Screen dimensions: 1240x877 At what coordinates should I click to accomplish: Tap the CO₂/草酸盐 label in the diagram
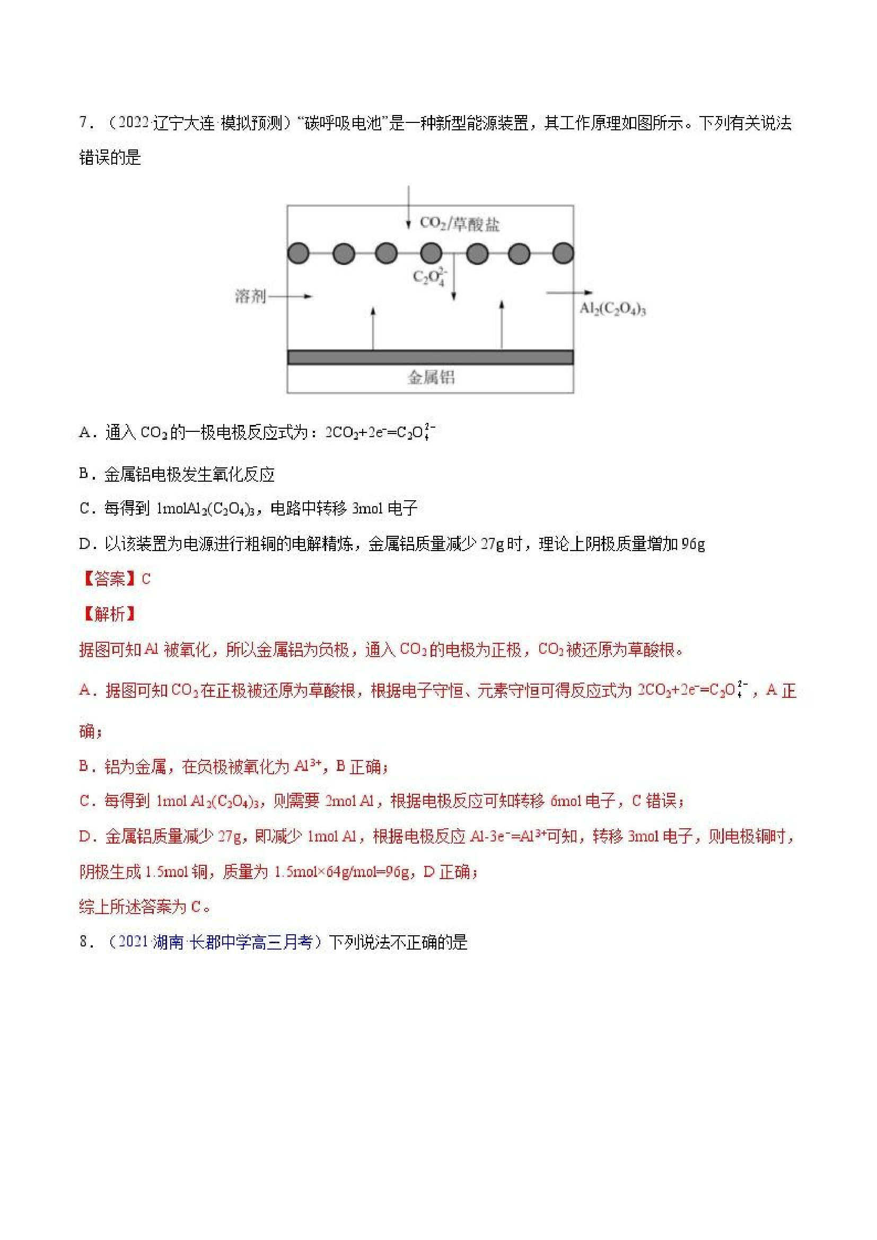click(459, 223)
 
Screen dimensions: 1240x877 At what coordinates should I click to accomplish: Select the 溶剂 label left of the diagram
click(250, 296)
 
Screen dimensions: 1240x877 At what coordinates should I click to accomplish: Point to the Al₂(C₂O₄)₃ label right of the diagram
click(612, 309)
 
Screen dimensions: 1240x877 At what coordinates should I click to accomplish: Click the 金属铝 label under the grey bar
click(431, 377)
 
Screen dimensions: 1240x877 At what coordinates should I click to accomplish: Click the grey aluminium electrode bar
click(430, 357)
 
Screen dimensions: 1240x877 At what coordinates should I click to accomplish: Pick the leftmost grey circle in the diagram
click(299, 253)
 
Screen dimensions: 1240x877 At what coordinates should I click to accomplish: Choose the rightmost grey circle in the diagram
click(563, 253)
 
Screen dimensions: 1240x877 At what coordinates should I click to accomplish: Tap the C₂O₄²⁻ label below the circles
click(429, 276)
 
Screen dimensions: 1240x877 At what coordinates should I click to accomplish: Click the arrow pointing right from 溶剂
click(291, 296)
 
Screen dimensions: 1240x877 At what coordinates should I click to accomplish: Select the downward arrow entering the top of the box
click(408, 208)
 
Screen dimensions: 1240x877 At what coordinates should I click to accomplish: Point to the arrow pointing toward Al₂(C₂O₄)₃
click(568, 293)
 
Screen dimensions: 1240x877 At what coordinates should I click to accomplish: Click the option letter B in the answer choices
click(84, 474)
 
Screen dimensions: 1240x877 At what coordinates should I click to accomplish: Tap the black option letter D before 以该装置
click(84, 544)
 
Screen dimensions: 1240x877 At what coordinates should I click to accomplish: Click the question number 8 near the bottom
click(84, 942)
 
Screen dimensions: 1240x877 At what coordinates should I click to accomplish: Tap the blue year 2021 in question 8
click(133, 942)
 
